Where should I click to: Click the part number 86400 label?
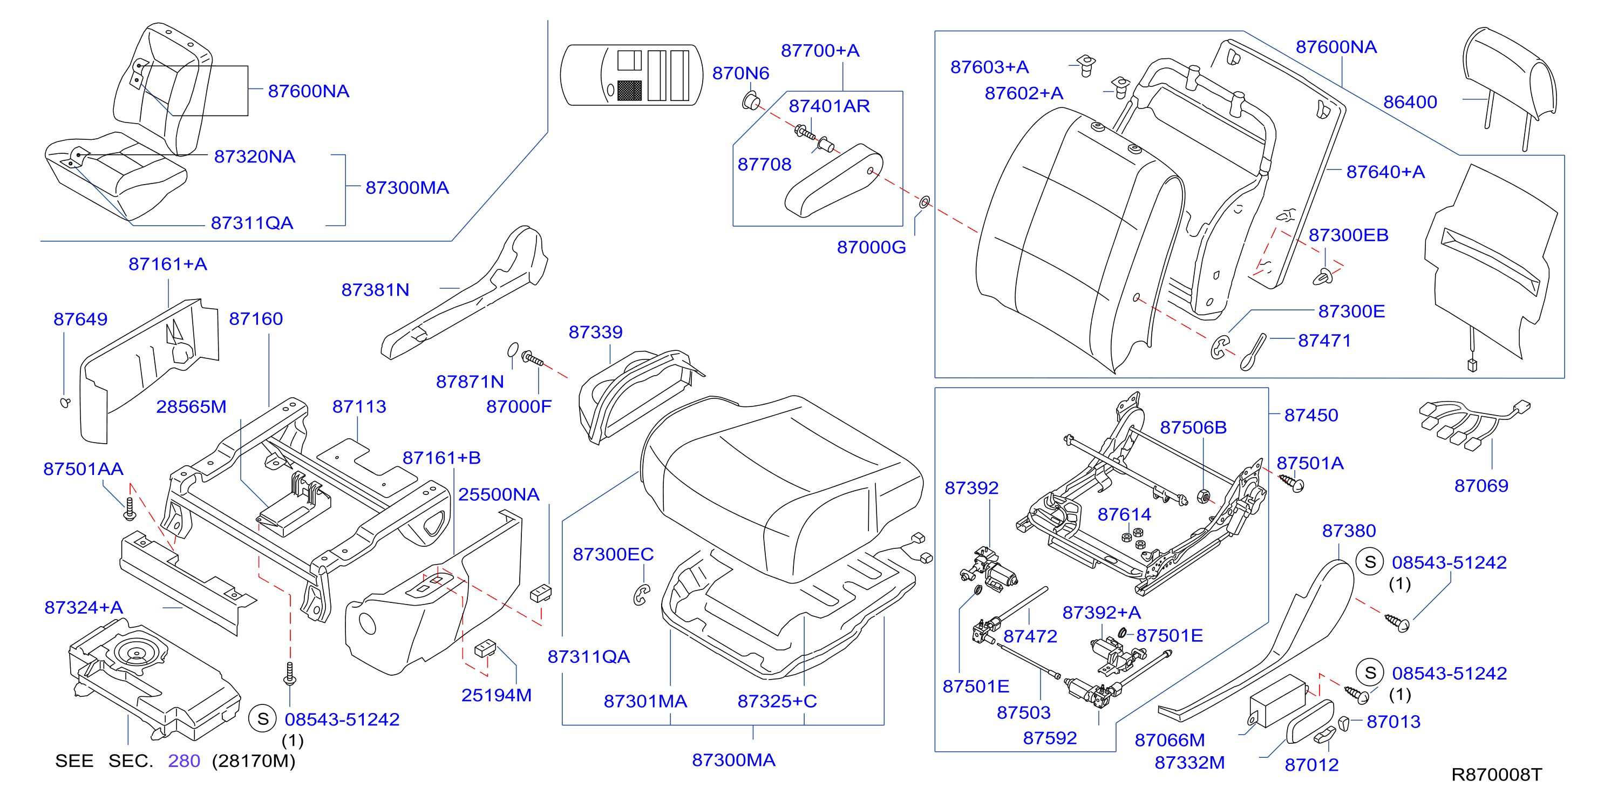(1410, 102)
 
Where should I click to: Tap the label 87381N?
(375, 290)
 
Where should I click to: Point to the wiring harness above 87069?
(1474, 425)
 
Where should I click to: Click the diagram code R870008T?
(1496, 774)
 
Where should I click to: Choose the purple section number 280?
(184, 761)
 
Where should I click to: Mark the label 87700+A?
(820, 50)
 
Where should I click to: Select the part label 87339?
(595, 332)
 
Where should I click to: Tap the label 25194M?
(496, 695)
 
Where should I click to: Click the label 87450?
(1311, 415)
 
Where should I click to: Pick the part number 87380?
(1349, 531)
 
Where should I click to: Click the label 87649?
(80, 319)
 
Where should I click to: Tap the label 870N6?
(740, 73)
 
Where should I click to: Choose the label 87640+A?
(1385, 172)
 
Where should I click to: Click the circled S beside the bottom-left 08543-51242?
(263, 719)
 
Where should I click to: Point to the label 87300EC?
(613, 554)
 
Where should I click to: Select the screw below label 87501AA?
(130, 509)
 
